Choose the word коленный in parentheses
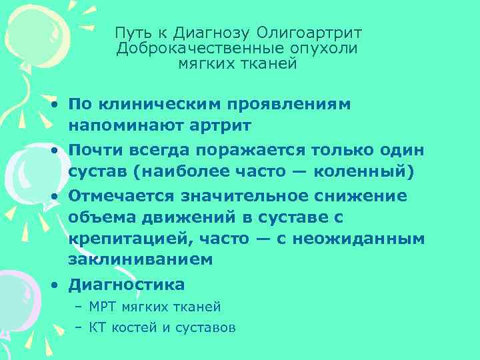coord(368,171)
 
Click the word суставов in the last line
coord(208,327)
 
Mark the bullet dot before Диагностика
coord(53,285)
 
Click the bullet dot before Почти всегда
coord(53,149)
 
